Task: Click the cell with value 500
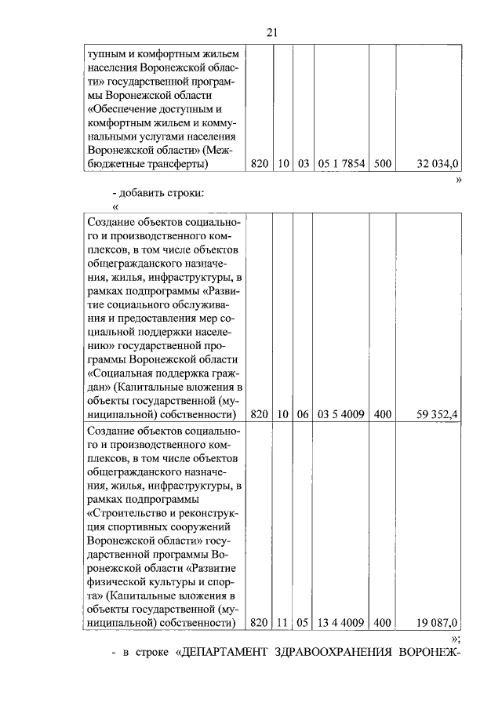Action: point(383,163)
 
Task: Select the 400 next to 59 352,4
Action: point(383,413)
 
